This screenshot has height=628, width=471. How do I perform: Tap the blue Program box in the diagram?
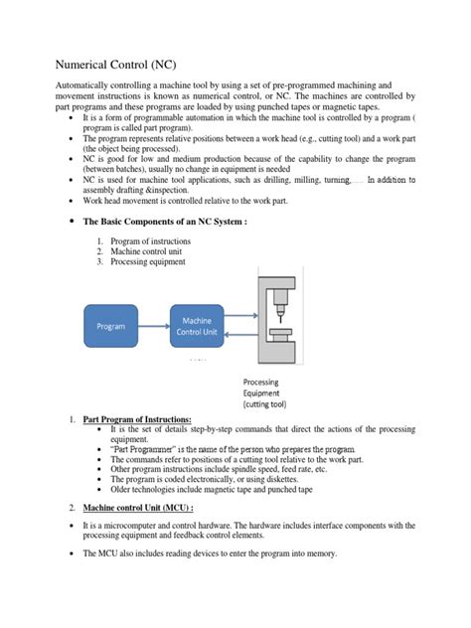[110, 326]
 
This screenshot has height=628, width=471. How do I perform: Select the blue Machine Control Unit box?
[197, 325]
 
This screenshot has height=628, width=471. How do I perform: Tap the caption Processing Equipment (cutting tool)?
[265, 392]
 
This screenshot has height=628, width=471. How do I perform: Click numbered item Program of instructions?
[153, 240]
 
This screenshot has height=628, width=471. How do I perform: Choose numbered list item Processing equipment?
[150, 262]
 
